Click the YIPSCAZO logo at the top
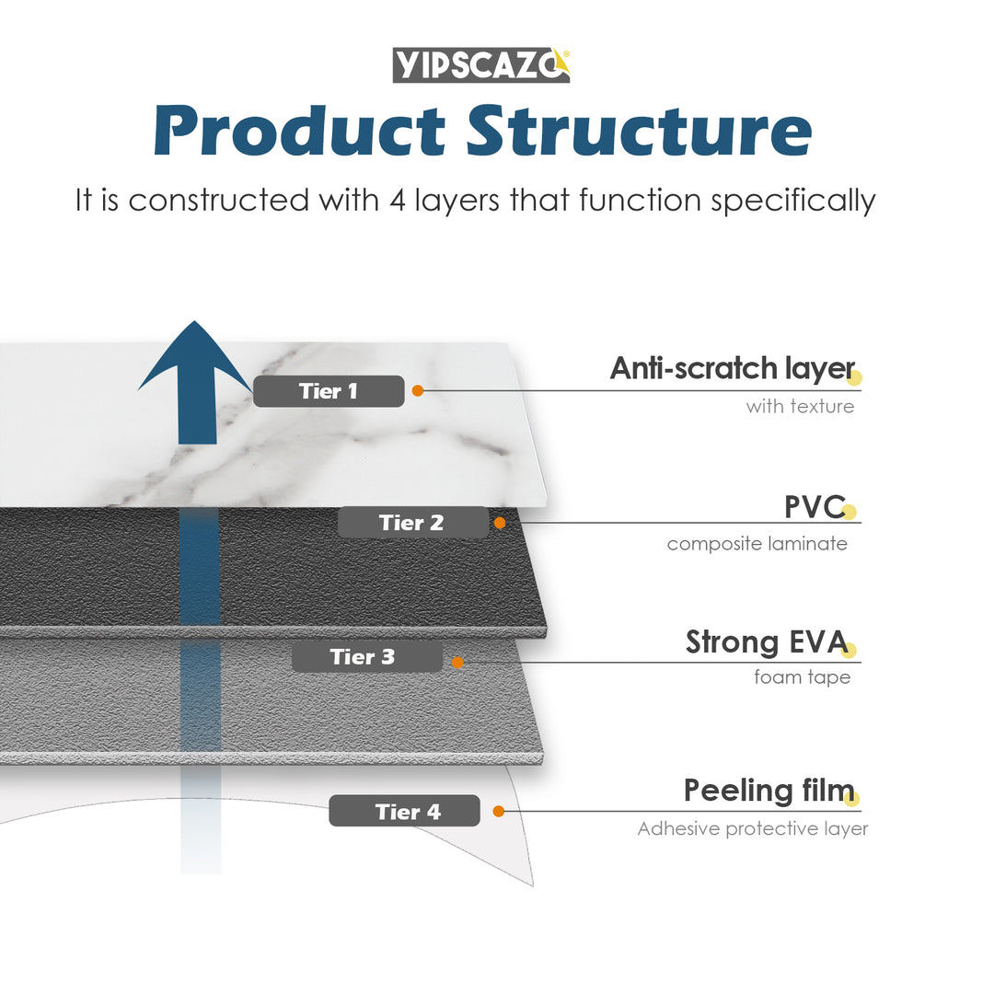click(481, 65)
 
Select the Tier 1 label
click(329, 391)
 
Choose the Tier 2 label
click(412, 523)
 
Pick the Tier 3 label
click(366, 657)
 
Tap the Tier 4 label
click(404, 811)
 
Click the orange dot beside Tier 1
click(417, 391)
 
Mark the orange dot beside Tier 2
click(500, 523)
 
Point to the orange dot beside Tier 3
click(457, 661)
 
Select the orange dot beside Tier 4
click(498, 811)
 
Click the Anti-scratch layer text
click(733, 368)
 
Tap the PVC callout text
click(815, 506)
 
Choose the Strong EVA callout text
click(766, 642)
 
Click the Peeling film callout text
click(769, 790)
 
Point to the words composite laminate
click(757, 544)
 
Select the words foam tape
click(802, 677)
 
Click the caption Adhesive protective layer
click(753, 829)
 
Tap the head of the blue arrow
click(195, 359)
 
